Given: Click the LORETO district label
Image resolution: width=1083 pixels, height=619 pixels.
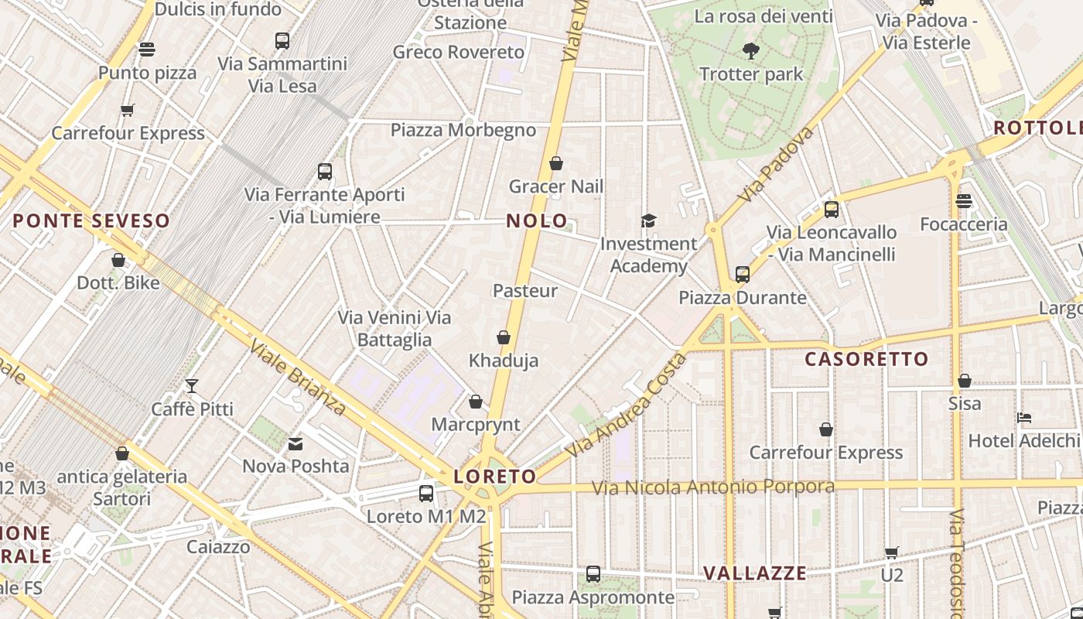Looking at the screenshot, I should (495, 477).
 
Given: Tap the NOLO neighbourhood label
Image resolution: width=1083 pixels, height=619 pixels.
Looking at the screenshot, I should (537, 221).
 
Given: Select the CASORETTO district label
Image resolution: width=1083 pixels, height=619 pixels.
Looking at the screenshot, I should (866, 359).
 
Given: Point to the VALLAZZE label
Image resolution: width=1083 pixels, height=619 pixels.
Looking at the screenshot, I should (754, 573).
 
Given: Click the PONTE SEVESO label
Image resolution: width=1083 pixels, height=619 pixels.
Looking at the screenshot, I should (91, 221).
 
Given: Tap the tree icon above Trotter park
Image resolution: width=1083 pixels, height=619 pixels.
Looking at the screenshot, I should (750, 51).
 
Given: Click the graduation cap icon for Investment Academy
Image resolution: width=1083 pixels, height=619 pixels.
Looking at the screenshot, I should (648, 221).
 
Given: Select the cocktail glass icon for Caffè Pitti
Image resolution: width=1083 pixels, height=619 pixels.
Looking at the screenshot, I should (192, 385).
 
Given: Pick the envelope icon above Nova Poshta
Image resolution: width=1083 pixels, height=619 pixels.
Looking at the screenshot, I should (296, 444).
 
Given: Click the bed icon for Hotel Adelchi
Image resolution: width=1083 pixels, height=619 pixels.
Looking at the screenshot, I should (1024, 418).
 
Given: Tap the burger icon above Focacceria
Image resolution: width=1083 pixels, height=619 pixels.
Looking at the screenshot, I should (963, 201).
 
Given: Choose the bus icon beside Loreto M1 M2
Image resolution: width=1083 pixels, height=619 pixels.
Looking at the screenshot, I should (425, 494).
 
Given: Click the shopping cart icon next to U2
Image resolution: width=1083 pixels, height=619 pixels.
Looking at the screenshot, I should (892, 552).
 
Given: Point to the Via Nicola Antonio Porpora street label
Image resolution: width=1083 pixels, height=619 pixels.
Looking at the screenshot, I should (713, 487).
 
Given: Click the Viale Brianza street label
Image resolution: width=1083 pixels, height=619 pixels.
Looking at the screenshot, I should (298, 377).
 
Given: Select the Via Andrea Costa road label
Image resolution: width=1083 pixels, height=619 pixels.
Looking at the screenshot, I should (626, 405).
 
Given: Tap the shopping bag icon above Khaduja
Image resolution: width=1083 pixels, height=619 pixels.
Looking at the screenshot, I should (504, 337).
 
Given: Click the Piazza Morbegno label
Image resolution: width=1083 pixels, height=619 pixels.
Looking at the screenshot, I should (463, 130).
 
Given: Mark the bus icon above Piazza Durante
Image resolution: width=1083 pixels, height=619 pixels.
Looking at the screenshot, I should (743, 274).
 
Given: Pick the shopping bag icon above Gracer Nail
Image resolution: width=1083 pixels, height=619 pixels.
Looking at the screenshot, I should (555, 163).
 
